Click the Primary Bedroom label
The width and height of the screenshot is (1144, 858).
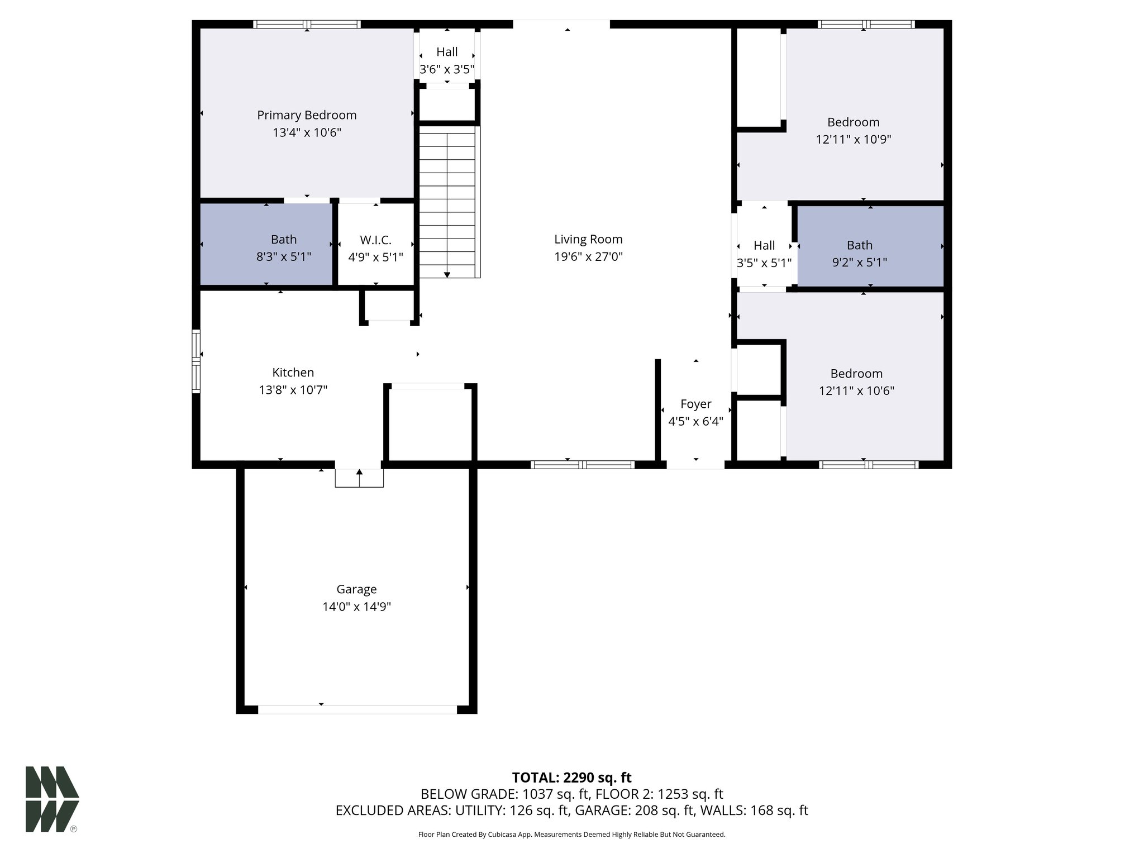[x=307, y=115]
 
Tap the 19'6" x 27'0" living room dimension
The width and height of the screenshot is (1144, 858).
[x=588, y=257]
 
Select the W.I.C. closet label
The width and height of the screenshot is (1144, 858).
[x=375, y=240]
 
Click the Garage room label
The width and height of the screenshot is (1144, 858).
[x=356, y=589]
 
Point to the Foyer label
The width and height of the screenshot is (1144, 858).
[x=696, y=404]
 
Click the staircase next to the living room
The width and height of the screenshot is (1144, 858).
[x=447, y=201]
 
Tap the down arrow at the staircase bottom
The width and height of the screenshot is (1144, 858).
[x=447, y=274]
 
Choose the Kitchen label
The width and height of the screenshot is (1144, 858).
[x=293, y=373]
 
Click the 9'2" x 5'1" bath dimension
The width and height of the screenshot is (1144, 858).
[x=859, y=263]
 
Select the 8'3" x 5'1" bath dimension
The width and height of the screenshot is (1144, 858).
[x=284, y=257]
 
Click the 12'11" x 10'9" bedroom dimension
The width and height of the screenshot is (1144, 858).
[x=853, y=140]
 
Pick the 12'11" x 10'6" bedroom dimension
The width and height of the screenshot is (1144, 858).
[x=856, y=391]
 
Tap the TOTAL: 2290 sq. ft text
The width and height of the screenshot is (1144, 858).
[x=571, y=778]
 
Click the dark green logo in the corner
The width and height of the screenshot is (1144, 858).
[x=52, y=799]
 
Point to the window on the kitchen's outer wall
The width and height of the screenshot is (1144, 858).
[x=196, y=361]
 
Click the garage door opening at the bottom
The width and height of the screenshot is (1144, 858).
[x=357, y=709]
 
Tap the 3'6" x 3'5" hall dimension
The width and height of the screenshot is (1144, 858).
[x=447, y=70]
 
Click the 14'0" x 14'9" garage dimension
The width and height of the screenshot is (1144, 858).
[x=356, y=607]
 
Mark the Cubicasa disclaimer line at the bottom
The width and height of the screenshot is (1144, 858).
[x=571, y=835]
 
